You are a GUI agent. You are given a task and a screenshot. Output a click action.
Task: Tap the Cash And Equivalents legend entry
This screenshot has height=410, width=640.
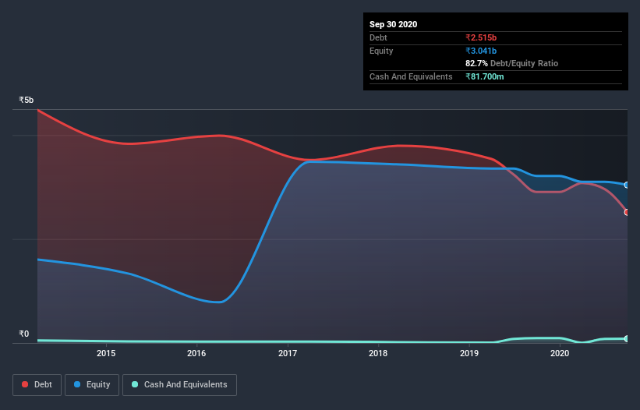click(x=179, y=384)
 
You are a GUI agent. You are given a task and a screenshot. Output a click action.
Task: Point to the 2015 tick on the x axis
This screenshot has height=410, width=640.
click(x=106, y=354)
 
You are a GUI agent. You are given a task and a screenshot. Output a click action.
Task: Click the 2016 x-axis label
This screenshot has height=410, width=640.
click(x=197, y=354)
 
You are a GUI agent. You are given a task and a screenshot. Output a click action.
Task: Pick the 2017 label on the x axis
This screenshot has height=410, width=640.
click(x=288, y=354)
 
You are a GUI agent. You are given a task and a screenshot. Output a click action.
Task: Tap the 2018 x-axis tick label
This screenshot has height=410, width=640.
click(x=378, y=354)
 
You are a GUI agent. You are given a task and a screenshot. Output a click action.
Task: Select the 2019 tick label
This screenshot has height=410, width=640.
click(x=469, y=354)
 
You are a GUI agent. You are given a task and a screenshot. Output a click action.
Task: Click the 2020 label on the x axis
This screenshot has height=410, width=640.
click(x=560, y=354)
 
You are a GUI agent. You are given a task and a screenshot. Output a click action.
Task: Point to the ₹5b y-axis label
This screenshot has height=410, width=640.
click(x=27, y=101)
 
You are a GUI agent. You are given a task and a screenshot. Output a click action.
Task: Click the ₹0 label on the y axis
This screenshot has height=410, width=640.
click(x=24, y=334)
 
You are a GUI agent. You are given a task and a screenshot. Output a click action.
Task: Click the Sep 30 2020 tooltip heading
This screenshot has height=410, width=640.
click(x=393, y=24)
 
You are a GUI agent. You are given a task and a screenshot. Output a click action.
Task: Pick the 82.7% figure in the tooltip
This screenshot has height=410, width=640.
click(x=476, y=63)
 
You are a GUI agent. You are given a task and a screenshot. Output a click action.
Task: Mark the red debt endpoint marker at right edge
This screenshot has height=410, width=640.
click(x=627, y=212)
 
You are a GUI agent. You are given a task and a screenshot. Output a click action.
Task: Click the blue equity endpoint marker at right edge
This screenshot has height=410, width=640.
click(x=627, y=185)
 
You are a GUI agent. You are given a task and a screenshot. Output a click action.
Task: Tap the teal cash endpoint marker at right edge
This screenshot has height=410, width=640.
click(x=627, y=338)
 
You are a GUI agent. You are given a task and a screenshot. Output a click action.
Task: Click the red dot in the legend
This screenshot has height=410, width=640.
click(x=26, y=384)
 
